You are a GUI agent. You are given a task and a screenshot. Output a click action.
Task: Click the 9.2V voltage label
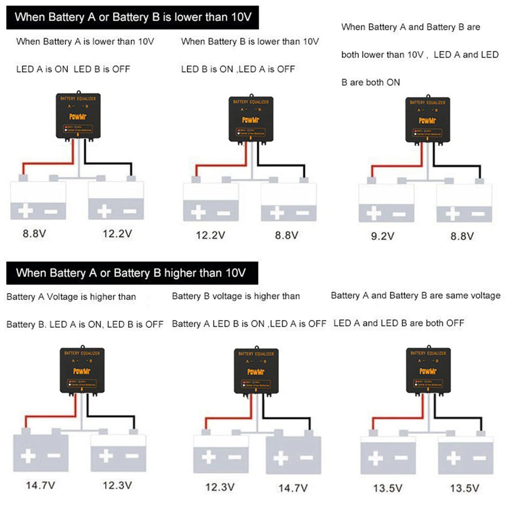383,236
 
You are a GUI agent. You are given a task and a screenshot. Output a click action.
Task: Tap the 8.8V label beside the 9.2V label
462,236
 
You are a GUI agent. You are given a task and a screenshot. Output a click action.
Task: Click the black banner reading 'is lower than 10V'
133,18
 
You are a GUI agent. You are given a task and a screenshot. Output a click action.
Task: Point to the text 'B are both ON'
370,82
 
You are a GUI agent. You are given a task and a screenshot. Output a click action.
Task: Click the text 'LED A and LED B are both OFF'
399,323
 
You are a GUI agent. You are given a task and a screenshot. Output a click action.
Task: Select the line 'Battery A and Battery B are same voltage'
415,296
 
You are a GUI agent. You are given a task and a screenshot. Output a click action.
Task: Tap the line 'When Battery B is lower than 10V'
250,42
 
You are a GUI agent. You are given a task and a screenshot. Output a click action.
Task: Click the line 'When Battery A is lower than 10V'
85,42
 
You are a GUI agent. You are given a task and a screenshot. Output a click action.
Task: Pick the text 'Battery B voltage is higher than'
236,296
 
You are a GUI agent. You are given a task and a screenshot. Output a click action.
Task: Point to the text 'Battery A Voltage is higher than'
71,297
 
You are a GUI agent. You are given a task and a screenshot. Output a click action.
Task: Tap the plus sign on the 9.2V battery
373,214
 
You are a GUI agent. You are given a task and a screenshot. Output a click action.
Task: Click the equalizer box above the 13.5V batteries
428,370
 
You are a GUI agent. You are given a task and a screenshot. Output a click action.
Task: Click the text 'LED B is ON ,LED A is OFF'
238,69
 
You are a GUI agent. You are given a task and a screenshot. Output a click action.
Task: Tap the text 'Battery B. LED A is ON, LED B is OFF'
85,324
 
